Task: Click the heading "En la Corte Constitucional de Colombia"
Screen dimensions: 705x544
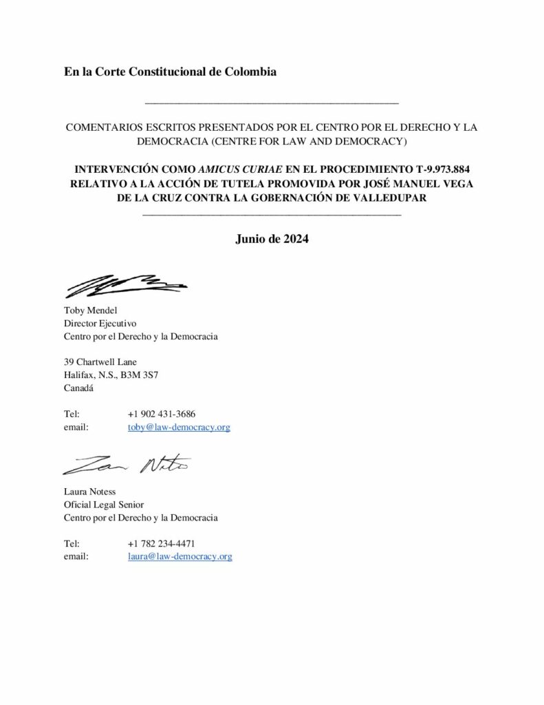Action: [170, 72]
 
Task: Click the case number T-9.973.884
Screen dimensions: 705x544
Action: [433, 169]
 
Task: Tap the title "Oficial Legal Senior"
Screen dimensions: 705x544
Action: [105, 504]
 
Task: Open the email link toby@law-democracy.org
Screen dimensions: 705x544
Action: [179, 428]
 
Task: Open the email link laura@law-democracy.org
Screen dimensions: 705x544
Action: [179, 556]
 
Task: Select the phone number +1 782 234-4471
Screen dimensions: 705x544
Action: [166, 543]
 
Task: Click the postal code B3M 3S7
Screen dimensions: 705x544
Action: [143, 375]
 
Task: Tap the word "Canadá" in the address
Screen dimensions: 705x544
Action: [79, 388]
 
